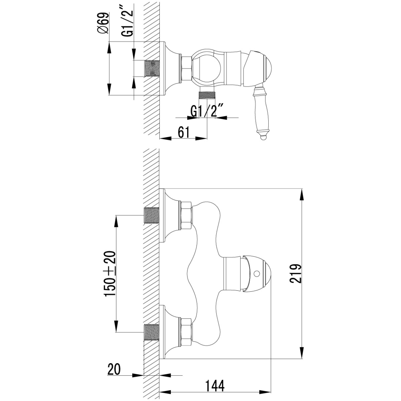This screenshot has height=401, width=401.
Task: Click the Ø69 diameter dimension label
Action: coord(103,23)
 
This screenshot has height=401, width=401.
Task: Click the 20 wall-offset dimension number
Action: coord(114,364)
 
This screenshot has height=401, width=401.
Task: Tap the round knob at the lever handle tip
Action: coord(264,138)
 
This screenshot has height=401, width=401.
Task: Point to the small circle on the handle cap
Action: coord(257,273)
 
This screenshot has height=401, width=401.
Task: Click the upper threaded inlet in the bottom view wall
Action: coord(151,216)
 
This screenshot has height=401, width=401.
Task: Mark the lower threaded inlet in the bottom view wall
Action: coord(151,332)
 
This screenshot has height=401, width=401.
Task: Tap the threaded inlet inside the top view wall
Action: coord(151,68)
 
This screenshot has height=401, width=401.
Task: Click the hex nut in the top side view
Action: coord(187,68)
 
